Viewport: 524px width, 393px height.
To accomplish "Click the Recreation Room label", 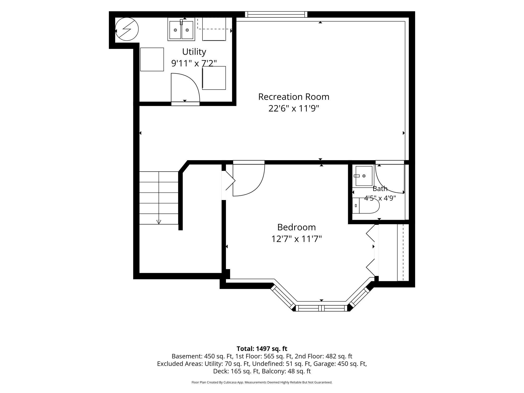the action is click(x=294, y=97).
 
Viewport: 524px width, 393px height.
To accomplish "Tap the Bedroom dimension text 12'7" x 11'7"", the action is click(x=297, y=239).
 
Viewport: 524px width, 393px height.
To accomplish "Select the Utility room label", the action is click(x=194, y=52).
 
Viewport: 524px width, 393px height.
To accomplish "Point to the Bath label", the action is click(x=380, y=188).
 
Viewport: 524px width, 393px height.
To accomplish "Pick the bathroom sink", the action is click(x=364, y=176).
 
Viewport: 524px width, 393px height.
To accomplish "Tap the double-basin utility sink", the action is click(x=181, y=29).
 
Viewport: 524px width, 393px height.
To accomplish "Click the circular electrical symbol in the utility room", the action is click(x=127, y=29).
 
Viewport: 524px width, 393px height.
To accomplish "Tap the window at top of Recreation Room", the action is click(x=276, y=14).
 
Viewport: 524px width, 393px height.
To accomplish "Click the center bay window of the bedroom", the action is click(x=321, y=308).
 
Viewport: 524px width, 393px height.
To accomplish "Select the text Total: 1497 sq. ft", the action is click(x=262, y=349).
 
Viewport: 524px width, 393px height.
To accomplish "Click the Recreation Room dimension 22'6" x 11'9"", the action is click(x=294, y=108).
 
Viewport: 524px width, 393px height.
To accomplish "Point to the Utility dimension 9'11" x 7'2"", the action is click(x=194, y=63).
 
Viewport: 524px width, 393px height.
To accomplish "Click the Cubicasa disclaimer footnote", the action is click(x=262, y=382).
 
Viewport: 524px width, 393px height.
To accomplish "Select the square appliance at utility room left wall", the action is click(x=152, y=59).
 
